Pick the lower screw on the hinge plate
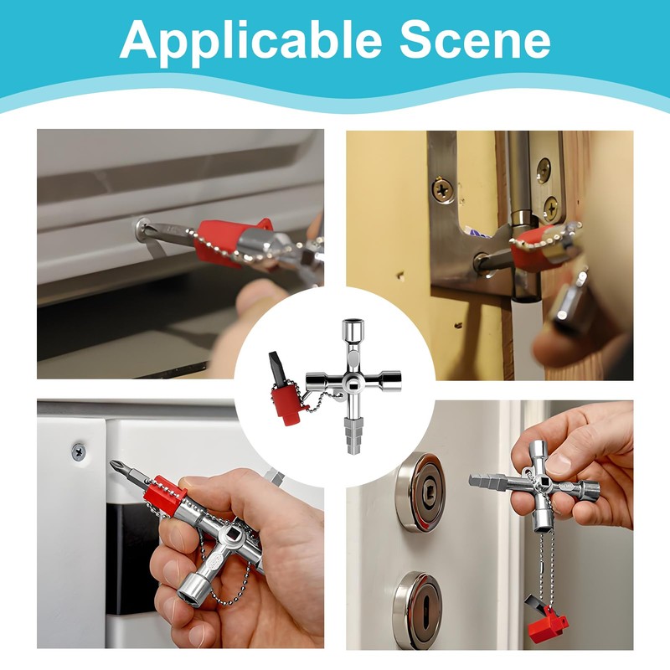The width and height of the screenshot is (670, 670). click(x=549, y=204)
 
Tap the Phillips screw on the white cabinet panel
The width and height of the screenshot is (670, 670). click(x=78, y=451)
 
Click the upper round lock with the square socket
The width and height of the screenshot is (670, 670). click(x=420, y=492)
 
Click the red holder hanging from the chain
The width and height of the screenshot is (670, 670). click(x=546, y=623)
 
